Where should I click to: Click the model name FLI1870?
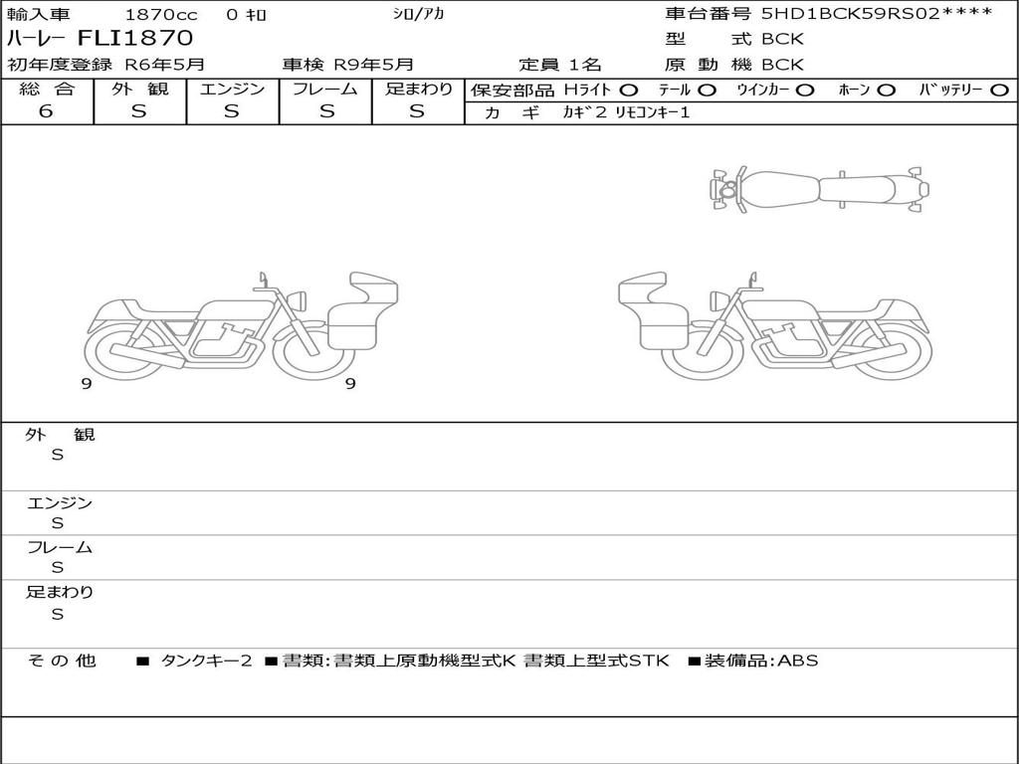coord(135,39)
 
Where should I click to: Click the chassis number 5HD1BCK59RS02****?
coord(877,13)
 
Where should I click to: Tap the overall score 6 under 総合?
coord(46,110)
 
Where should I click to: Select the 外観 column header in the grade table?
coord(139,89)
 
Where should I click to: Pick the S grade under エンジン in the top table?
coord(231,111)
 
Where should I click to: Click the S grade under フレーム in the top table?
coord(326,111)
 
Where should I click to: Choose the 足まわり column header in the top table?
coord(419,89)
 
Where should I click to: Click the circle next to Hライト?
coord(629,90)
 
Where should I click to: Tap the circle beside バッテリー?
coord(999,90)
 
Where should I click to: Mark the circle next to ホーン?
coord(886,90)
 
